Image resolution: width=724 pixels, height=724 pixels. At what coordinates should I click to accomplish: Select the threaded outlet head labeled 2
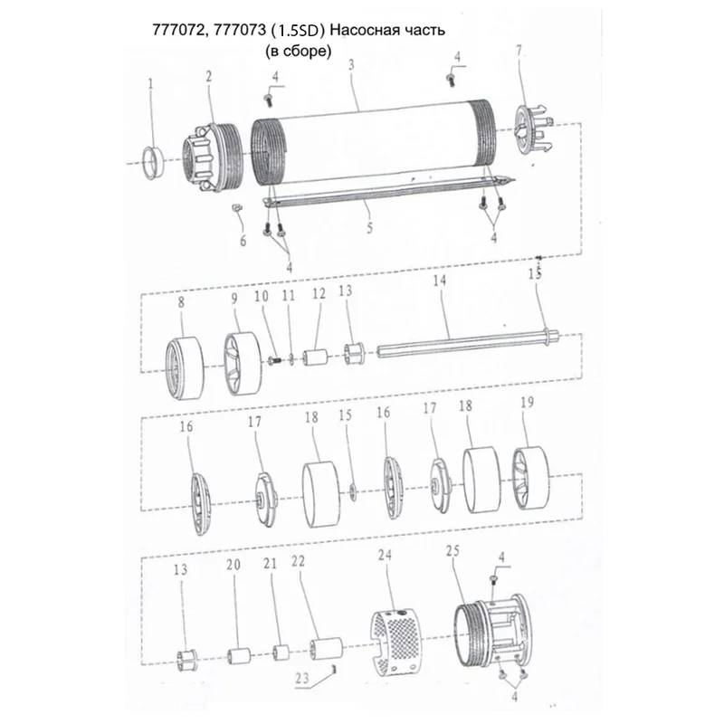point(211,157)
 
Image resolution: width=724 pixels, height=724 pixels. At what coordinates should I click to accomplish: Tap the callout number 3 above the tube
point(351,64)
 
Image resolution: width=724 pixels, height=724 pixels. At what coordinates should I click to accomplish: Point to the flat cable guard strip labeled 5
point(388,191)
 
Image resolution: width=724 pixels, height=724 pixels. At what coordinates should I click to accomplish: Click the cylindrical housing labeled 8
point(185,367)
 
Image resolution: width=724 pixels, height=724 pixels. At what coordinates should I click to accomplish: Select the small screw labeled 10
point(276,359)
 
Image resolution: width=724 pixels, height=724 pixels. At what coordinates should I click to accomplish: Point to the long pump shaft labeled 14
point(468,344)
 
